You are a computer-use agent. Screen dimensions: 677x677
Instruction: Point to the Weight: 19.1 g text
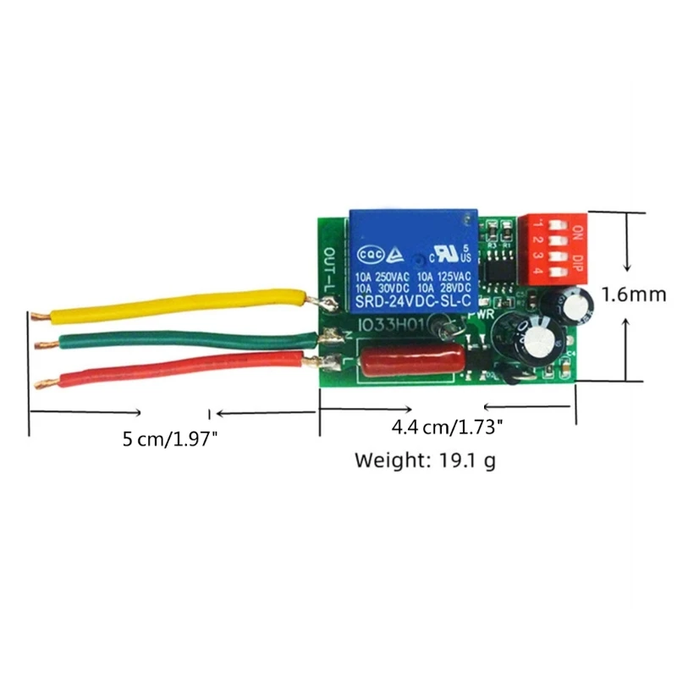[424, 462]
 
